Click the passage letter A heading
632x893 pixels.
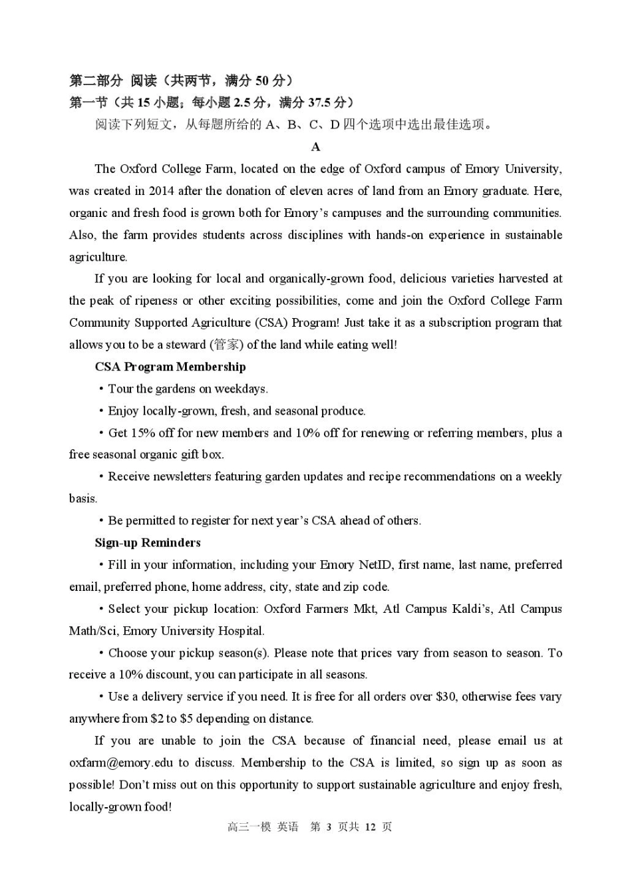(315, 147)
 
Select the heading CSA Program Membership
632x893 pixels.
(170, 367)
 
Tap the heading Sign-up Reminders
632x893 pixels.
(148, 542)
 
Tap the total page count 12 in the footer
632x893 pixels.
(370, 826)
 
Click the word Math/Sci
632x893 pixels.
(93, 631)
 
